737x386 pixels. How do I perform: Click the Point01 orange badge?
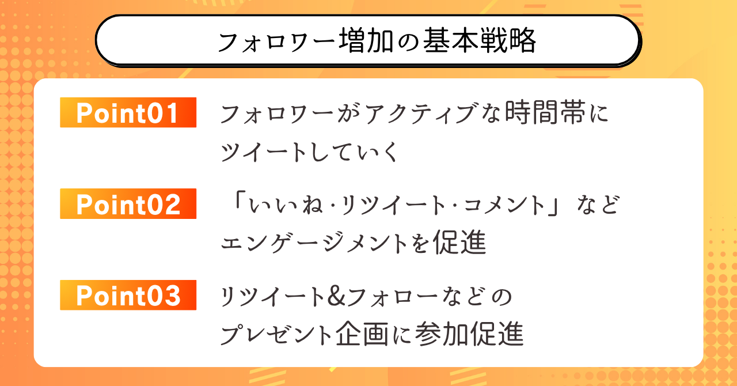click(x=128, y=112)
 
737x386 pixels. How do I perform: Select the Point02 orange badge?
click(x=128, y=203)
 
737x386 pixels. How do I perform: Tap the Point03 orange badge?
click(x=128, y=295)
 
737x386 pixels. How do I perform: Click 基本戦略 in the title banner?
click(x=480, y=40)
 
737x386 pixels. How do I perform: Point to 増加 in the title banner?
click(x=366, y=40)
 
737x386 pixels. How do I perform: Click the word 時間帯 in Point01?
click(x=545, y=113)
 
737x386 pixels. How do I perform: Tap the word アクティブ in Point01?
click(x=420, y=113)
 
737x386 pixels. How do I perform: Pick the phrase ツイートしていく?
click(x=309, y=152)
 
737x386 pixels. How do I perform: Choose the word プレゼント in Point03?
click(x=276, y=334)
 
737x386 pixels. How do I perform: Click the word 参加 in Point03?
click(x=442, y=334)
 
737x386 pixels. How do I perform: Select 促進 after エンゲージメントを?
click(x=459, y=242)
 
